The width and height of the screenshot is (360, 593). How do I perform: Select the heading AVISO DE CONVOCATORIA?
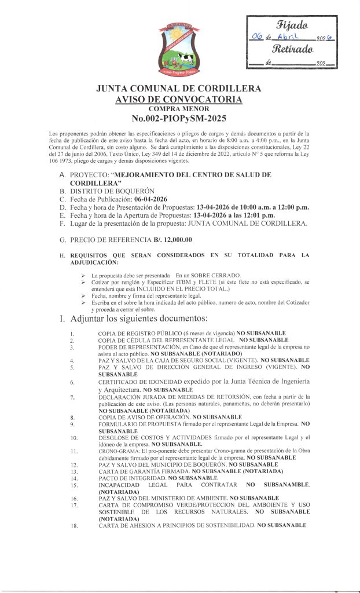[179, 100]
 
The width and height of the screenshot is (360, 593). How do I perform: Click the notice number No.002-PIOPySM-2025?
[179, 119]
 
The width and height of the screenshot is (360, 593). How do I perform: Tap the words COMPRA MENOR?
[179, 109]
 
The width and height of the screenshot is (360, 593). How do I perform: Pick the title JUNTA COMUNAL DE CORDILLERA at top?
[179, 89]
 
